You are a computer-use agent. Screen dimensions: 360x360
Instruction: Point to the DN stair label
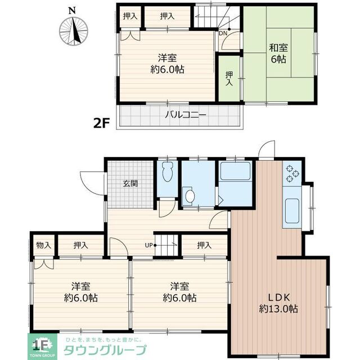point(223,33)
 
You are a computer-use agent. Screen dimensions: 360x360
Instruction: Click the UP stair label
point(149,245)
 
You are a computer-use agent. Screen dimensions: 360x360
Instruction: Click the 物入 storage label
point(44,245)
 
